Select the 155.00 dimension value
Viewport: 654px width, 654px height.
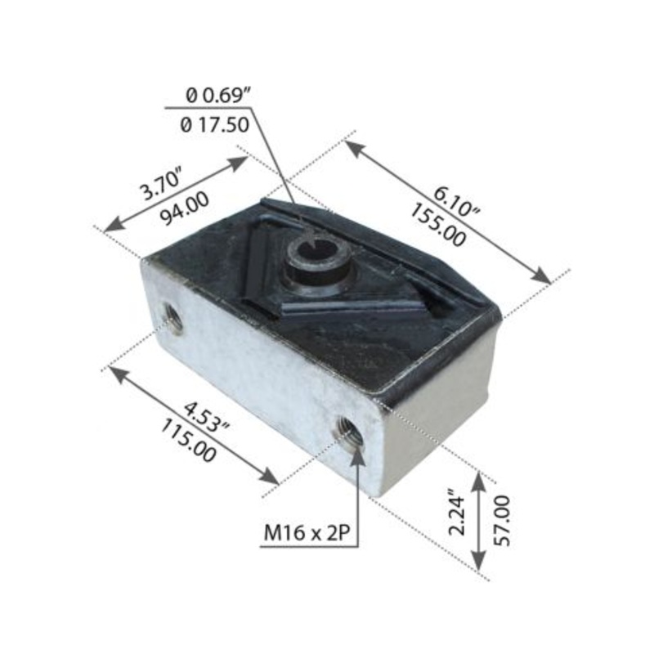438,226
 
